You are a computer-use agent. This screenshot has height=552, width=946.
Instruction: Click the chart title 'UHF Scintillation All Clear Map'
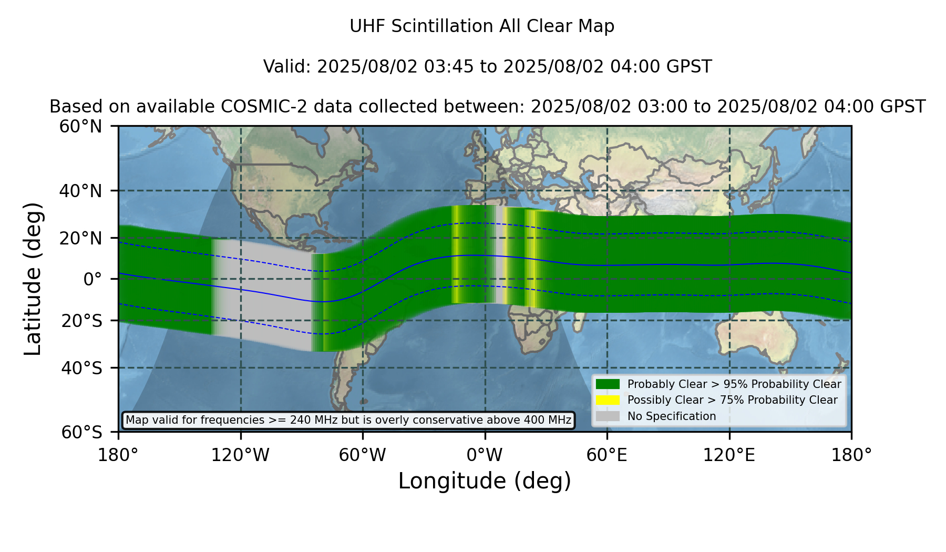coord(482,26)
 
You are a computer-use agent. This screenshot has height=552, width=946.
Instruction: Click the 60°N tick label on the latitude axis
coord(80,127)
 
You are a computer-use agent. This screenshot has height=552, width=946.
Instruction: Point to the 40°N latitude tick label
coord(80,191)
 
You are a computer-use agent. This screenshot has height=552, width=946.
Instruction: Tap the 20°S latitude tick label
coord(81,321)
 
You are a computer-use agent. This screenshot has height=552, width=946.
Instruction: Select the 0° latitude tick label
coord(92,279)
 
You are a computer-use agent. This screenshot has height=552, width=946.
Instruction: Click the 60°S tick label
coord(81,433)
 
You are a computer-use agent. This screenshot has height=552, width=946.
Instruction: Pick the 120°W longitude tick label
coord(240,455)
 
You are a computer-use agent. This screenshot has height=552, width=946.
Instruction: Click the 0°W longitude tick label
coord(485,455)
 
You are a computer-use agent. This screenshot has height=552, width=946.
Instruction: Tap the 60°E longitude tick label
coord(607,455)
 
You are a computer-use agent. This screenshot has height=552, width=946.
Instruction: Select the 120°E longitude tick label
coord(729,455)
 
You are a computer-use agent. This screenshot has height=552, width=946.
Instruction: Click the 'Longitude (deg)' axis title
coord(485,482)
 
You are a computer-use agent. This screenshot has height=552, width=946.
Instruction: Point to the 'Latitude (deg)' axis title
coord(33,279)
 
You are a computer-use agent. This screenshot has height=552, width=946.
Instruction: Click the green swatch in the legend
coord(608,384)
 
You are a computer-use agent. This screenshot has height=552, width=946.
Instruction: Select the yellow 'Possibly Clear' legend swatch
coord(608,400)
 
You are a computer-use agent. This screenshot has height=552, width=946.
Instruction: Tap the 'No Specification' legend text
coord(672,416)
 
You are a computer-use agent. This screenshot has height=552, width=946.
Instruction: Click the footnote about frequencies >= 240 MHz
coord(348,420)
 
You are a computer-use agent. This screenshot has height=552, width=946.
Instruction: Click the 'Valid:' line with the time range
coord(487,67)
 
